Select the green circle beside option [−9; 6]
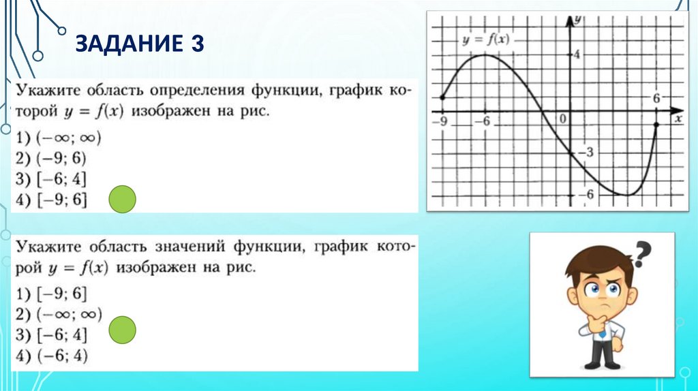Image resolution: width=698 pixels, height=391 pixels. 123,198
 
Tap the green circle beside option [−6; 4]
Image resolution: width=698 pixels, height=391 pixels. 123,330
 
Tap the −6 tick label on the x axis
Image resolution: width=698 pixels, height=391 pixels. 483,121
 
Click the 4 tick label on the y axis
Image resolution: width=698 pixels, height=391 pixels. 576,54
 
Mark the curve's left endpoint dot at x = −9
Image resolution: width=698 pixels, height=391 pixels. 442,97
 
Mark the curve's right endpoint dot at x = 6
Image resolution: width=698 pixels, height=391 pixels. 656,125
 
